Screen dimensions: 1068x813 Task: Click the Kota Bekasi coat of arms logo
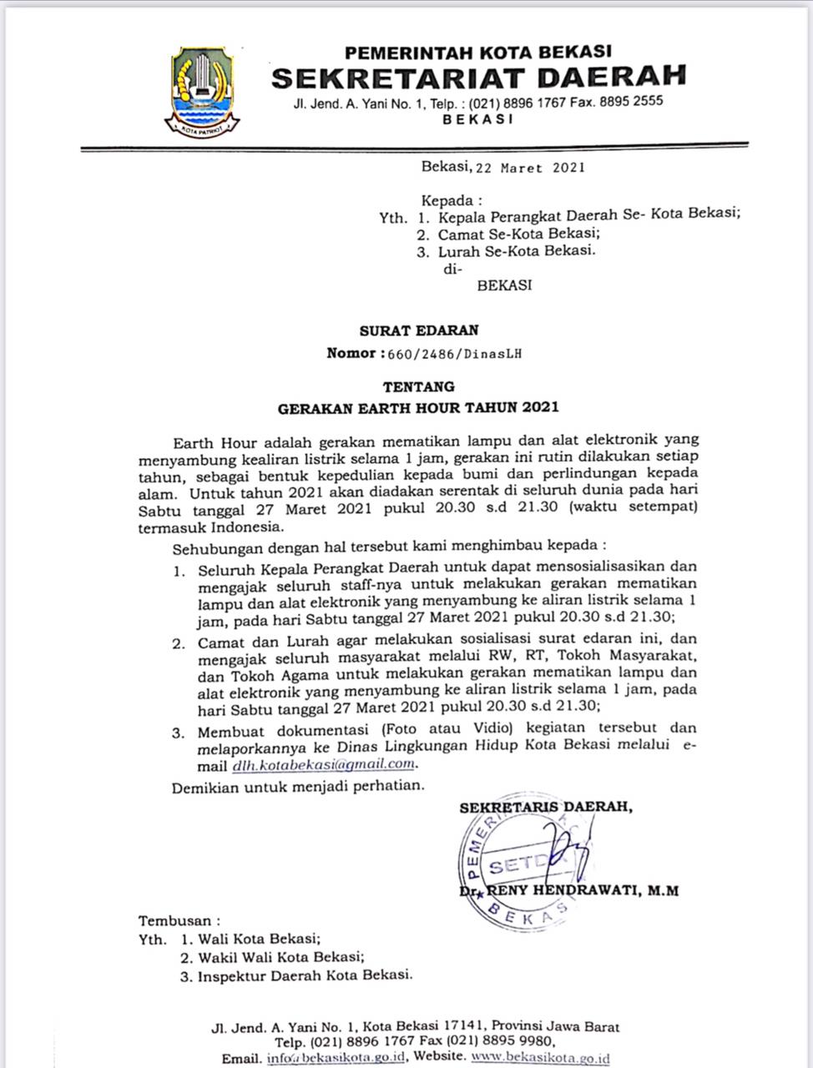click(x=202, y=91)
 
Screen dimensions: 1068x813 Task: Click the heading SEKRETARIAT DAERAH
click(x=478, y=78)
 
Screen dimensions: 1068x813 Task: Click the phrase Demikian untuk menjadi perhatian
click(x=298, y=786)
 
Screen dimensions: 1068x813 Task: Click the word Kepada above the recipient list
click(x=452, y=200)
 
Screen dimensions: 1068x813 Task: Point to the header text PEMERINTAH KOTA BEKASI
click(x=478, y=53)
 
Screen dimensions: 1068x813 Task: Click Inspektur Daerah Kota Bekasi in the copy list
click(x=305, y=975)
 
